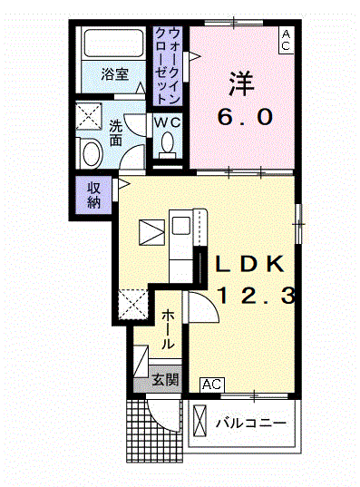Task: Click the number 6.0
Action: coord(242,117)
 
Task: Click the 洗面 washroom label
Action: coord(117,135)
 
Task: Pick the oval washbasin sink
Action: coord(91,153)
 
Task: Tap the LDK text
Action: coord(251,264)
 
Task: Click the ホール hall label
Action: coord(169,330)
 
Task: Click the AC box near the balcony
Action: coord(210,385)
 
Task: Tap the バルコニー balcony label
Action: coord(252,423)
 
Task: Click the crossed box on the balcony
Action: coord(201,421)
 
